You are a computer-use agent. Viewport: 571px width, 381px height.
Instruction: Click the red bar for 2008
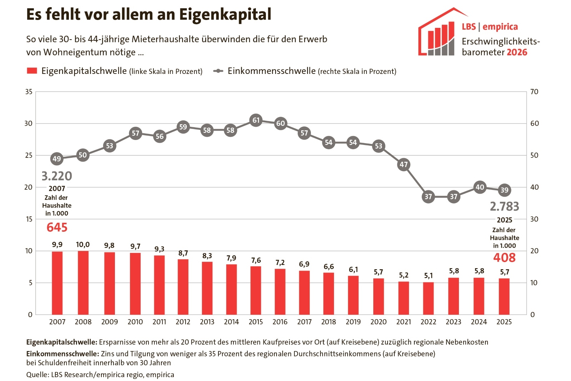click(x=83, y=282)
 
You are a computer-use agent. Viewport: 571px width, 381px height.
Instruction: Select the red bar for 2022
click(x=428, y=298)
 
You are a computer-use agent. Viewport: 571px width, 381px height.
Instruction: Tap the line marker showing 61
click(x=256, y=120)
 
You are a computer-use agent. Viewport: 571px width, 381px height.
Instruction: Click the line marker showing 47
click(x=404, y=165)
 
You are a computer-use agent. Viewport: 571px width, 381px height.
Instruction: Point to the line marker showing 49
click(x=57, y=159)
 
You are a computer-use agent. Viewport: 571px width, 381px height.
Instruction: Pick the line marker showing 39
click(x=504, y=190)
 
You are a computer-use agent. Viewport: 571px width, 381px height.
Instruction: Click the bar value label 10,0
click(x=83, y=245)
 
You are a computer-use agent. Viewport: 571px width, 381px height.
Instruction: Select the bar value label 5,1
click(x=428, y=276)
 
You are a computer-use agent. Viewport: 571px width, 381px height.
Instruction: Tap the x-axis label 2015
click(x=256, y=322)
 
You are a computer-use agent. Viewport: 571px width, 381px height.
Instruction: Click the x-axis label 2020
click(x=378, y=322)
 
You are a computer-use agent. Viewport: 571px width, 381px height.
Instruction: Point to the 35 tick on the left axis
click(x=29, y=92)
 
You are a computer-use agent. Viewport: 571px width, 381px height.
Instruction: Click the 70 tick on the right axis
click(x=534, y=92)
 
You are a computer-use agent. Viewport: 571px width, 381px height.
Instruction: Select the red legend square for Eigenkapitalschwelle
click(x=32, y=71)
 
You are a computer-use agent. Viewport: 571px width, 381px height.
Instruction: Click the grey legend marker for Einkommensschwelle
click(x=218, y=71)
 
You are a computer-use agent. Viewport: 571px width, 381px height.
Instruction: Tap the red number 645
click(x=57, y=227)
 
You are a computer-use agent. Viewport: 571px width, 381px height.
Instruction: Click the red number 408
click(x=504, y=257)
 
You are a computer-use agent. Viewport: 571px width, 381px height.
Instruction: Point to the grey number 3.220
click(x=57, y=176)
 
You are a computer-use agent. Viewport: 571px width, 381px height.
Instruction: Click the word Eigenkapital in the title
click(x=225, y=15)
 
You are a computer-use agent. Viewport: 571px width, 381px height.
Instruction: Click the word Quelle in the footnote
click(x=37, y=375)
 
